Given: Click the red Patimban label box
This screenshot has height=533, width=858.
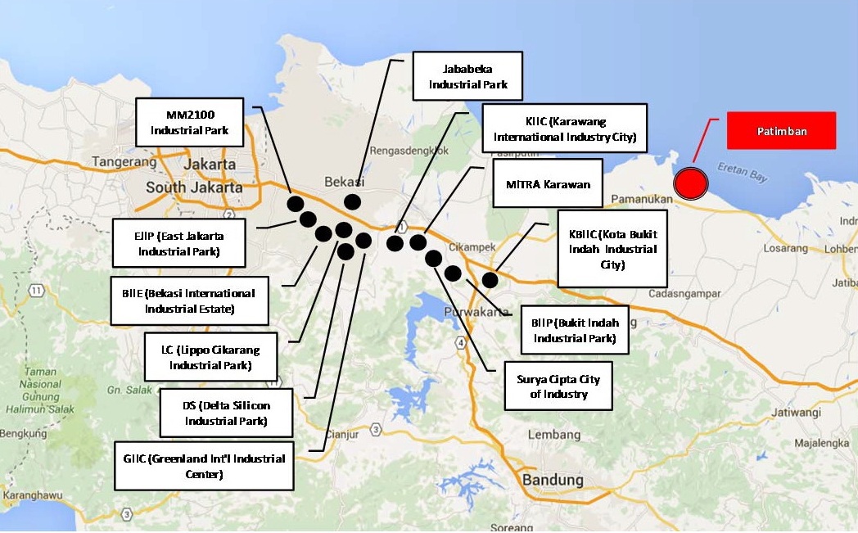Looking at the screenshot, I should tap(781, 131).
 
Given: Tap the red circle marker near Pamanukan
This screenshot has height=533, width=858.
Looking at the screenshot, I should tap(690, 183).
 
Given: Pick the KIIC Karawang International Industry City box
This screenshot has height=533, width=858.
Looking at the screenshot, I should tap(565, 129).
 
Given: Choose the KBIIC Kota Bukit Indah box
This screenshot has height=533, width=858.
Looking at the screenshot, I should tap(612, 247).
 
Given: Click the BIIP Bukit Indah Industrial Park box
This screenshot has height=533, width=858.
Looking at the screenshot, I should tap(574, 330).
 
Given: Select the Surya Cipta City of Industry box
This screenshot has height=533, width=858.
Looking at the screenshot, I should tap(558, 386).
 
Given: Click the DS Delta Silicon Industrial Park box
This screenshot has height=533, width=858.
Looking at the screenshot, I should tap(226, 413).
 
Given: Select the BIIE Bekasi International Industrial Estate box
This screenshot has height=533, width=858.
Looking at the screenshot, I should tap(189, 300).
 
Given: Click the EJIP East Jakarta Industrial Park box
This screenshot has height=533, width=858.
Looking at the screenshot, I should tap(179, 242).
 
